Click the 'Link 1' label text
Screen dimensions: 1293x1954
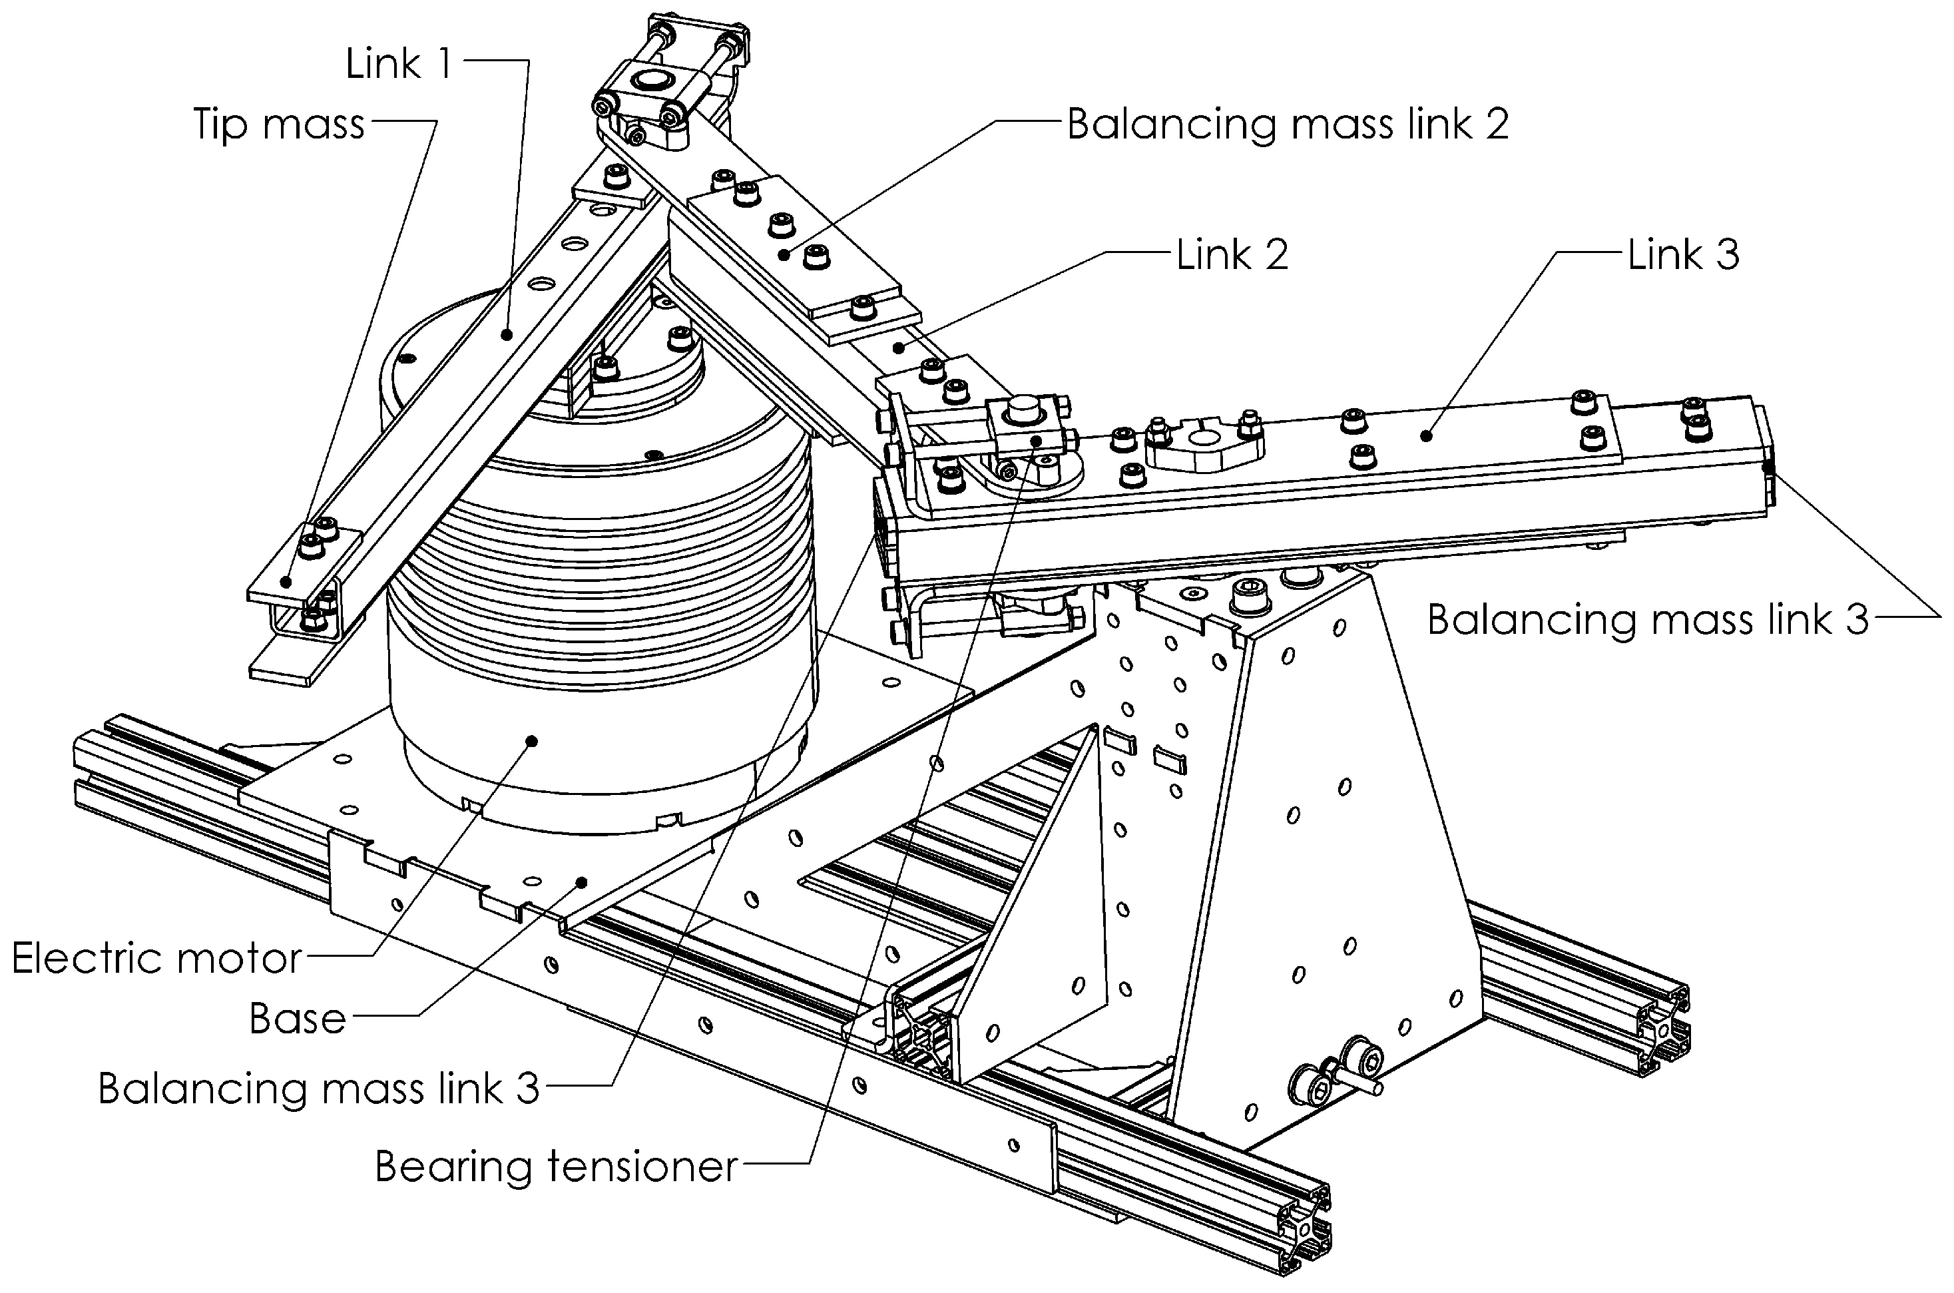point(398,63)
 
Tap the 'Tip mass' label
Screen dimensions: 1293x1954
point(279,125)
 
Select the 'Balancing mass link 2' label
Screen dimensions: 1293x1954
point(1287,125)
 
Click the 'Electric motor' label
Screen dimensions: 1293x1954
point(156,958)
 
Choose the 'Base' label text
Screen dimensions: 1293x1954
point(298,1019)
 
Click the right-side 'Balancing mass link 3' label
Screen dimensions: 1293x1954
point(1647,619)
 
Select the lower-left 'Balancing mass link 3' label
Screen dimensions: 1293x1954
point(318,1089)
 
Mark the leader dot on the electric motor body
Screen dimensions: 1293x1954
point(532,740)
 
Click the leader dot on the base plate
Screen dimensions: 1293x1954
point(582,882)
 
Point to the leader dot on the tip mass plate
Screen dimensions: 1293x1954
point(286,581)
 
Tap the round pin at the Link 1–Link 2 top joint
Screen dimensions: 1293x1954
point(654,80)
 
